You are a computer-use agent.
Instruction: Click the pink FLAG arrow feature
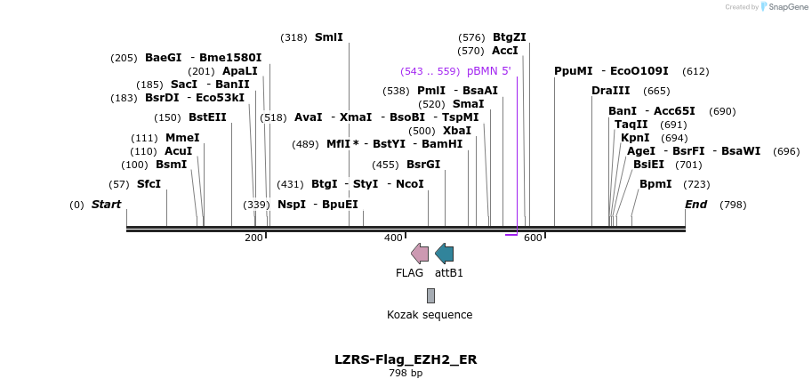(420, 254)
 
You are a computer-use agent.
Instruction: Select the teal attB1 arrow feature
(445, 254)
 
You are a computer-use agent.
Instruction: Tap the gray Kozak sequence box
(430, 296)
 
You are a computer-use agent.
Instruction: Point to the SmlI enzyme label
(329, 37)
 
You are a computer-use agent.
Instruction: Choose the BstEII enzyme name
(207, 117)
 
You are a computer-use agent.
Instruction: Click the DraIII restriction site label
(610, 91)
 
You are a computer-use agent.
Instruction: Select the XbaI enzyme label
(457, 131)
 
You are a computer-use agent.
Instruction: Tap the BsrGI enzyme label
(423, 165)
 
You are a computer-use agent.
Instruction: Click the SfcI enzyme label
(149, 184)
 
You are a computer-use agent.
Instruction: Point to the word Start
(106, 204)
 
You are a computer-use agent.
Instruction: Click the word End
(696, 204)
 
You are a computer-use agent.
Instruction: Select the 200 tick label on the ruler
(254, 238)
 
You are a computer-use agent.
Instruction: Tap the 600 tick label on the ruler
(533, 238)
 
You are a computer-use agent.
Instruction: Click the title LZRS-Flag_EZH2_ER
(406, 359)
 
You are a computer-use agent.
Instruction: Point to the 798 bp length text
(406, 373)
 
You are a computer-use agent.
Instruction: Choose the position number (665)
(656, 91)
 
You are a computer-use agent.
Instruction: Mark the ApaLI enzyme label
(240, 71)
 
